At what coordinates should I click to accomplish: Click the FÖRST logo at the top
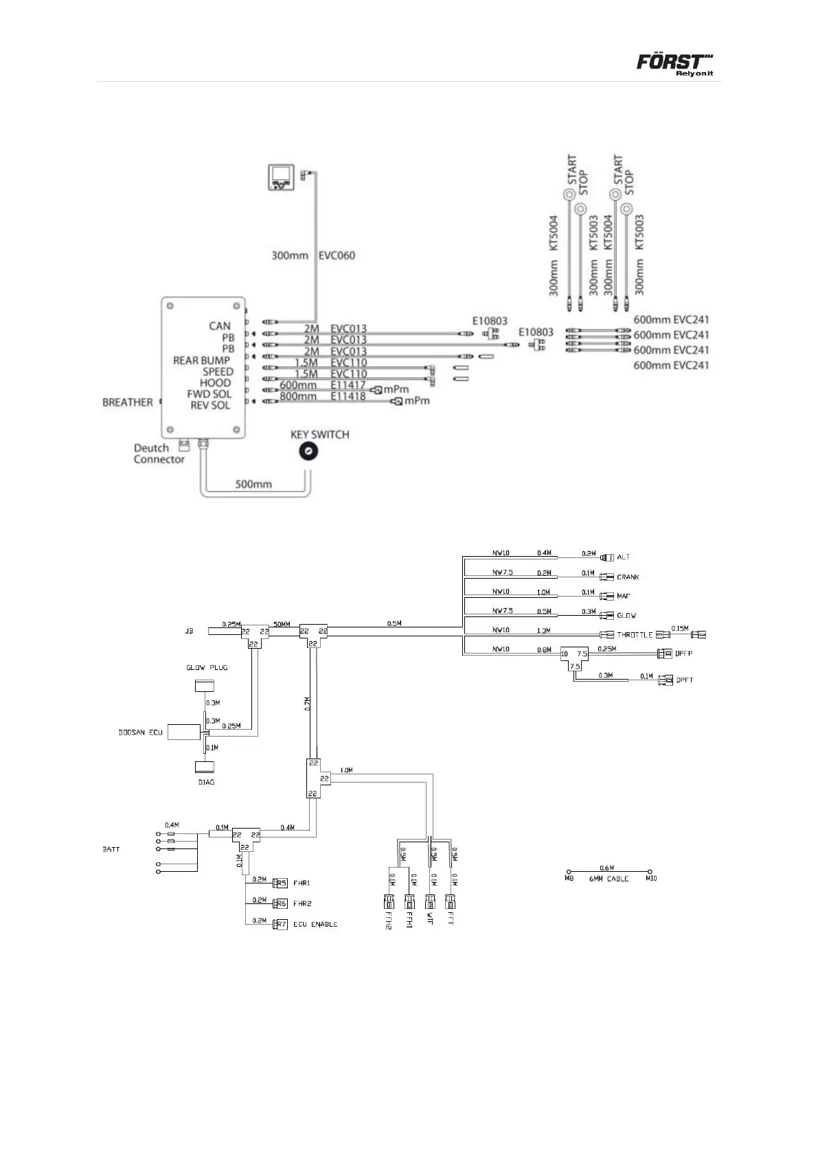[670, 63]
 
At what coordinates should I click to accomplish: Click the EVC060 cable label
[337, 255]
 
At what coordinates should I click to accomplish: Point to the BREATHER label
[127, 402]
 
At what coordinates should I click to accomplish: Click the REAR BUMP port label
[201, 360]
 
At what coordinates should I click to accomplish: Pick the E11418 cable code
[348, 397]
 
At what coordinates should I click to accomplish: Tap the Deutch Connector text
[159, 454]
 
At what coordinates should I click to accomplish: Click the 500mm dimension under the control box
[253, 484]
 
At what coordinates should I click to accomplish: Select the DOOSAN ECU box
[183, 732]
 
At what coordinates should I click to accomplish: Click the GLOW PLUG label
[207, 667]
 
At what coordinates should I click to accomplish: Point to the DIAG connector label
[206, 782]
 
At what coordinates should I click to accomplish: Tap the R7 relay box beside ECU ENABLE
[280, 925]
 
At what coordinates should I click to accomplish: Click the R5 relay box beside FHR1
[280, 883]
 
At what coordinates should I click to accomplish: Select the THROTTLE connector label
[634, 635]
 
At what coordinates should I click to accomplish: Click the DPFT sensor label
[684, 680]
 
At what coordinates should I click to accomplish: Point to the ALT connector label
[623, 557]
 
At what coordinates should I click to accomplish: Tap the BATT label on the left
[111, 849]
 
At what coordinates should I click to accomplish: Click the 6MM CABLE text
[609, 879]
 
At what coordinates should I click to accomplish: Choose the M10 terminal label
[651, 879]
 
